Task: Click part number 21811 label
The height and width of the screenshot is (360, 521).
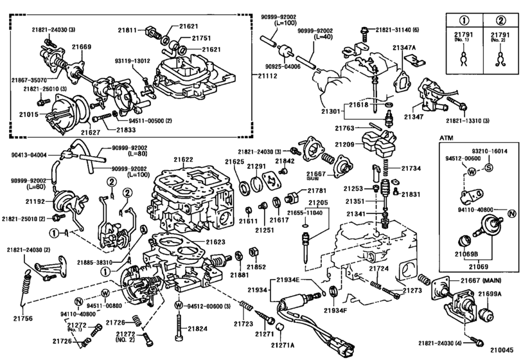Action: coord(127,30)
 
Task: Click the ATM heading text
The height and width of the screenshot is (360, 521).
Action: coord(446,138)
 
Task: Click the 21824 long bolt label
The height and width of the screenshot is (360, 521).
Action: coord(198,329)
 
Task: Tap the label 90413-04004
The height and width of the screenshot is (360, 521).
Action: coord(30,154)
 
